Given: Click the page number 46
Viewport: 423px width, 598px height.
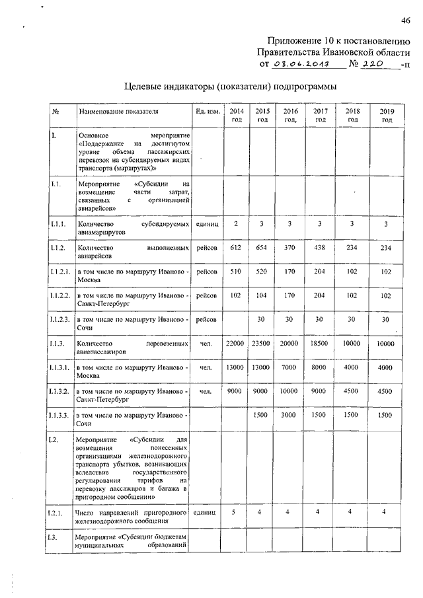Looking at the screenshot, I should pyautogui.click(x=404, y=20).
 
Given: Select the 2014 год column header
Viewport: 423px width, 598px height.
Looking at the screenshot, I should pyautogui.click(x=236, y=115).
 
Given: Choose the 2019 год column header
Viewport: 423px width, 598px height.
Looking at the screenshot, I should pyautogui.click(x=387, y=115).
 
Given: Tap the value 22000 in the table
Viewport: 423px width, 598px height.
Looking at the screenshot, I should pyautogui.click(x=235, y=343).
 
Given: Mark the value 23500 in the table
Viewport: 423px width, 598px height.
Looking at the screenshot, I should pyautogui.click(x=262, y=343).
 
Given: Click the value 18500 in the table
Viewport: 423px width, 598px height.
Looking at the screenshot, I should pyautogui.click(x=320, y=343).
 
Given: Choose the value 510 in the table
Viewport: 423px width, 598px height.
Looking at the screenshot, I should pyautogui.click(x=235, y=272).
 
